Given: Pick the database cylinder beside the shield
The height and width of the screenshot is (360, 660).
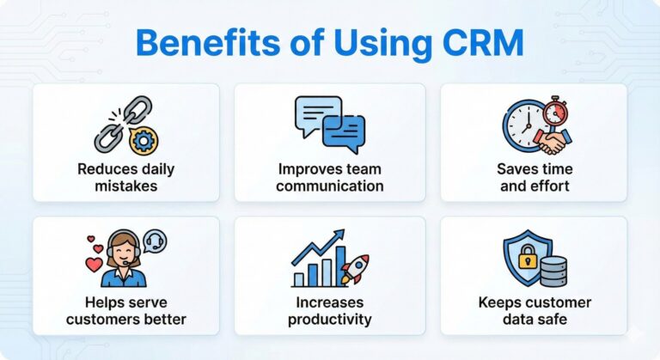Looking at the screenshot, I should click(552, 271).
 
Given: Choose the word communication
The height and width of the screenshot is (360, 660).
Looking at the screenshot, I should click(329, 186).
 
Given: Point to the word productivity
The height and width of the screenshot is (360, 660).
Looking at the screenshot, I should click(329, 320).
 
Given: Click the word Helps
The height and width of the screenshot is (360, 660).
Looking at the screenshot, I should click(107, 303).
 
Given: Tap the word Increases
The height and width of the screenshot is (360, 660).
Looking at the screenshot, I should click(329, 303).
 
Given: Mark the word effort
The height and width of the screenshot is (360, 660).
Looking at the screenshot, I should click(548, 186).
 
